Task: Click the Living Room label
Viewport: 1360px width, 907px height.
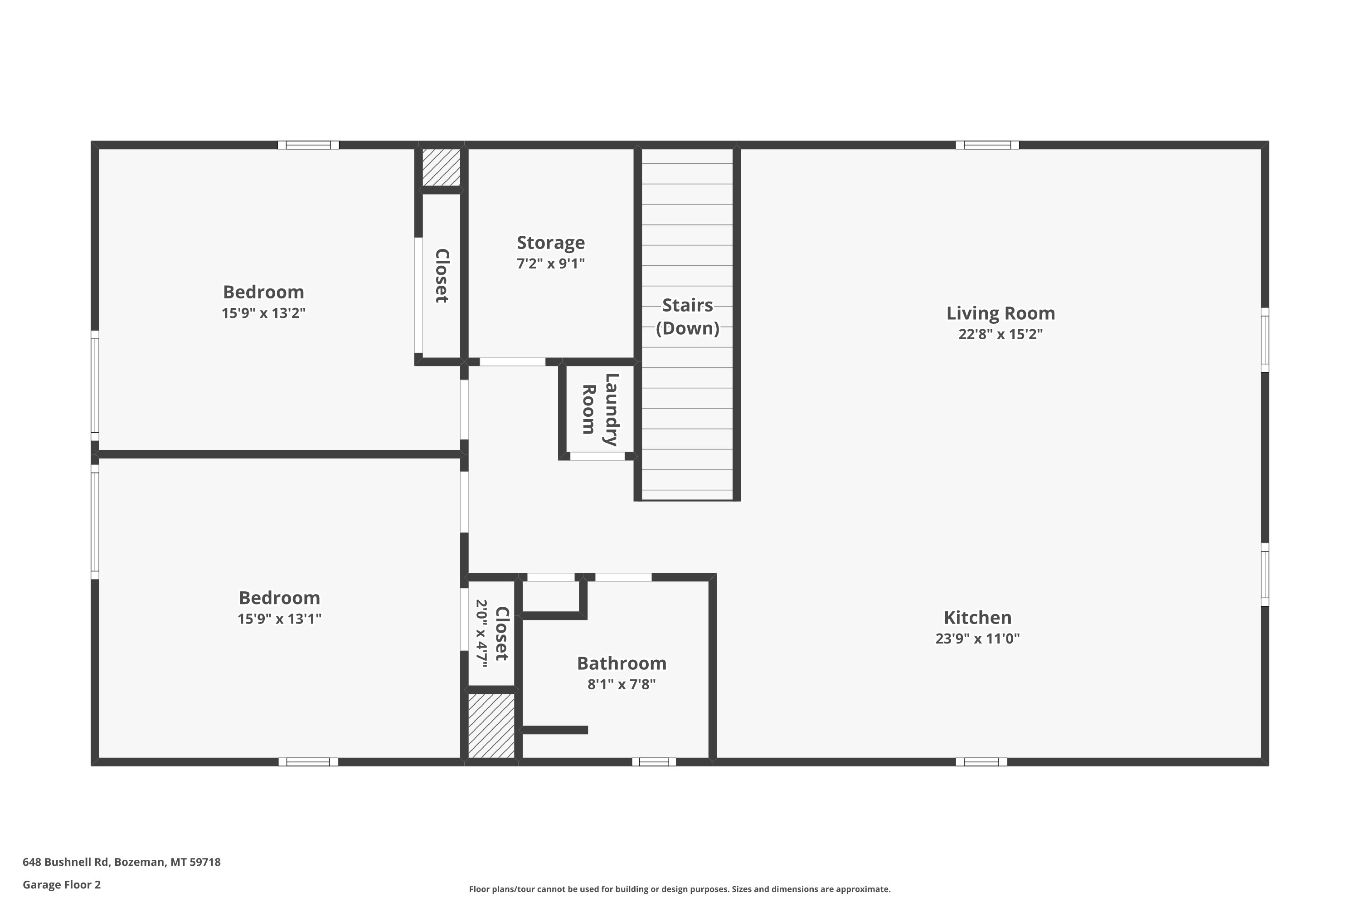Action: [x=1001, y=313]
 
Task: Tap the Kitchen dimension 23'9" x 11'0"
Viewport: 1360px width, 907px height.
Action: [x=977, y=639]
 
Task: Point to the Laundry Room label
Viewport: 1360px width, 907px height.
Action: [x=600, y=409]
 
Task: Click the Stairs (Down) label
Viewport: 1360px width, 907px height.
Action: [x=688, y=317]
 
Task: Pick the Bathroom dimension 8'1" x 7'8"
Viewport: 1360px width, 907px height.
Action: [x=622, y=684]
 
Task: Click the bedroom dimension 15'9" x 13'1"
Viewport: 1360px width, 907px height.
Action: [x=279, y=619]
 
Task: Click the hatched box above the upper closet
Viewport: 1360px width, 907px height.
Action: [x=441, y=167]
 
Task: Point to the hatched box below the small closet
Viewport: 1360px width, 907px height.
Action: [x=491, y=725]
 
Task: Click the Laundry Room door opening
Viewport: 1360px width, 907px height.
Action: [x=597, y=456]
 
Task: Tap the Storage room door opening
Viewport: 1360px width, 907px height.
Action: [x=512, y=362]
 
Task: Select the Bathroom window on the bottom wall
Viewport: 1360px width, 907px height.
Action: [x=654, y=762]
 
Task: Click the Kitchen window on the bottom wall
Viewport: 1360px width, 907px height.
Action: [x=981, y=762]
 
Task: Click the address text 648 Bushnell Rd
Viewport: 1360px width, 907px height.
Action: [x=65, y=862]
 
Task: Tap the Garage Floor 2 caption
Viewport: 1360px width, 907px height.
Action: [x=61, y=884]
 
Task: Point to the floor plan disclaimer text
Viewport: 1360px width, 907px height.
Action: [x=680, y=889]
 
